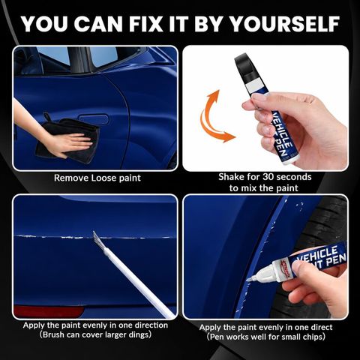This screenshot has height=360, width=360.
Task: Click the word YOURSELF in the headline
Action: point(284,24)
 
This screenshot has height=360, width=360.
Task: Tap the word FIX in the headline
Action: point(146,24)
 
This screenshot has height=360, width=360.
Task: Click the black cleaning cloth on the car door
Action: point(67,141)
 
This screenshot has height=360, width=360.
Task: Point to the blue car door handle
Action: point(94,119)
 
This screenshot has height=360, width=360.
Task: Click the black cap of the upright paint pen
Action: point(244,64)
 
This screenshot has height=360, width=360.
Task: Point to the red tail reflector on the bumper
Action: point(48,311)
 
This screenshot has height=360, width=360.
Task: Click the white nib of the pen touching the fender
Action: point(250,278)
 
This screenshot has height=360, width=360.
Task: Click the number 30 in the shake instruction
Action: point(268,177)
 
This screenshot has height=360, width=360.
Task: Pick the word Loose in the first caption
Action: point(103,178)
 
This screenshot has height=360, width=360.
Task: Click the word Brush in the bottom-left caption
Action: point(53,334)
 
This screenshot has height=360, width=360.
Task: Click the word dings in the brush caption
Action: point(138,335)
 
